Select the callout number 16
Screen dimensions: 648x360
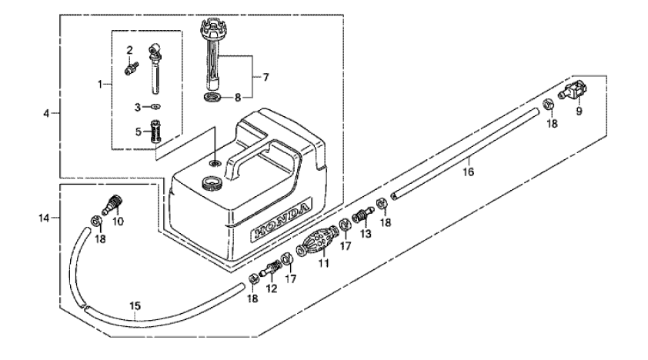point(468,172)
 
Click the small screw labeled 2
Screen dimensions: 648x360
point(131,68)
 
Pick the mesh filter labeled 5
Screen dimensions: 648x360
point(155,132)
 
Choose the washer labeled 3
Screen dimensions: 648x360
point(155,106)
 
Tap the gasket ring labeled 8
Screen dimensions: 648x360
point(212,98)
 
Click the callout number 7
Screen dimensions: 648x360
point(266,77)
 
